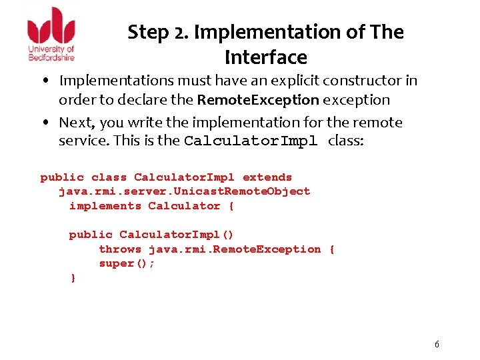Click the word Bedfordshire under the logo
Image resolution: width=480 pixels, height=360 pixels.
coord(51,57)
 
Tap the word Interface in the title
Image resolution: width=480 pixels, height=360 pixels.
coord(265,58)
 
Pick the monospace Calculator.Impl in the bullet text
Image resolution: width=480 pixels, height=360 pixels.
coord(253,141)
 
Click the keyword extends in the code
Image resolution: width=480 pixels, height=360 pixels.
coord(267,177)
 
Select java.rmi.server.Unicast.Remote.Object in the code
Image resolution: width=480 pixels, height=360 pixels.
coord(185,191)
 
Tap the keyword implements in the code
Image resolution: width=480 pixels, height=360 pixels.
coord(105,206)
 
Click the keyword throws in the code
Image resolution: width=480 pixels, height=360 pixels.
coord(120,249)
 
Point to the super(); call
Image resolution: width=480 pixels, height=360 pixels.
coord(127,263)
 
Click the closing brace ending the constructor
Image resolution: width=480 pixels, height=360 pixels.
coord(73,278)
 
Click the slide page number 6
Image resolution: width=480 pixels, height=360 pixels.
coord(437,344)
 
